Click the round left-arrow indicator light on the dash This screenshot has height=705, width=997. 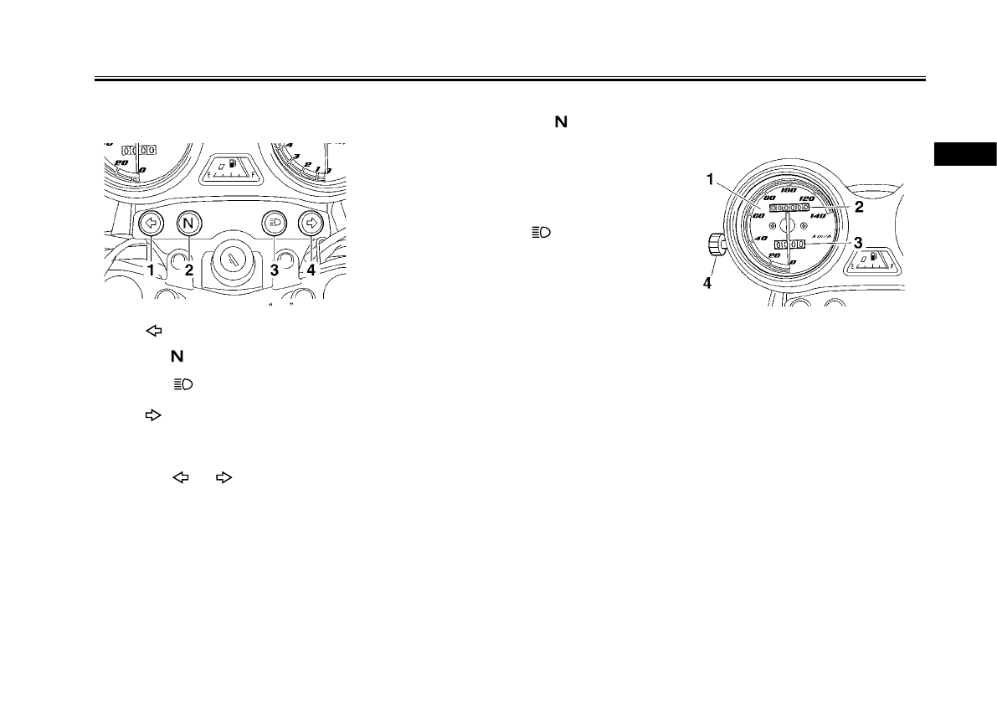[x=150, y=224]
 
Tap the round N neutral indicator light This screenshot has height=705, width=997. [x=190, y=224]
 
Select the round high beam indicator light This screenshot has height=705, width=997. [x=274, y=224]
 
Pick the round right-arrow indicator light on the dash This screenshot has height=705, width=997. [x=311, y=224]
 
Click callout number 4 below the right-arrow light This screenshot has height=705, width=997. [x=311, y=270]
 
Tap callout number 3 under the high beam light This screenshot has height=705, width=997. [x=275, y=270]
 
